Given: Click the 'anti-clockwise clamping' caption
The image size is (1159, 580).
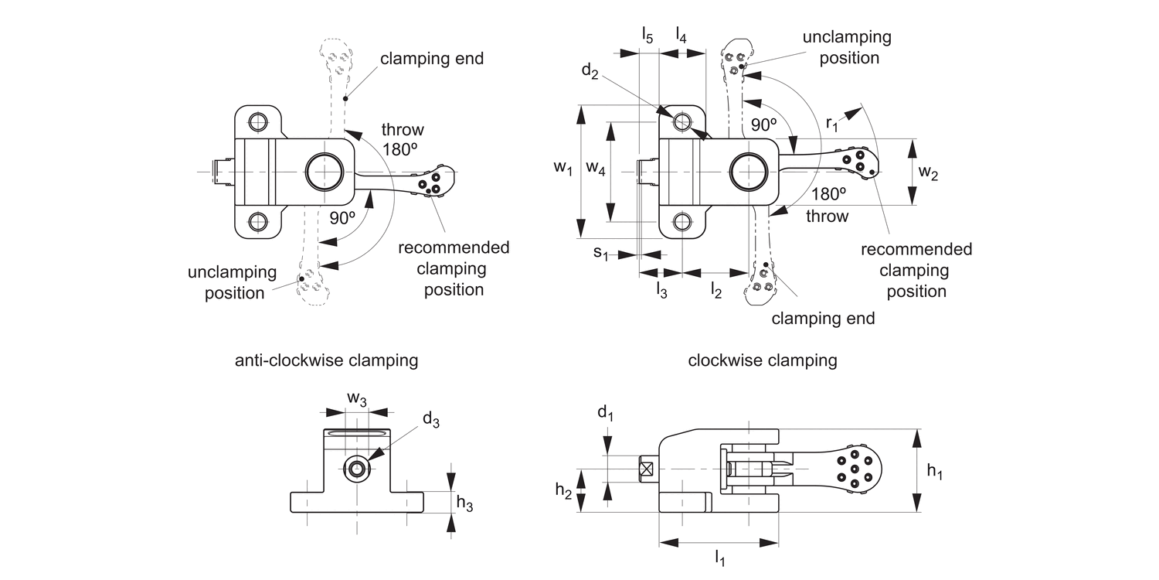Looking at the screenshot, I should (x=326, y=360).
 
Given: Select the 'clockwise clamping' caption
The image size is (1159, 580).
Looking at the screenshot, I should (x=762, y=360).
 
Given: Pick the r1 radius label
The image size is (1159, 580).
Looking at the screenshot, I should (x=832, y=122).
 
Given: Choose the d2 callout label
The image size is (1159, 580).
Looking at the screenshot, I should (x=590, y=72).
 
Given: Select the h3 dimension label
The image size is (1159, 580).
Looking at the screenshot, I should (x=464, y=503).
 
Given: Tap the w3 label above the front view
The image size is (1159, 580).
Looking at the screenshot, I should (x=356, y=398).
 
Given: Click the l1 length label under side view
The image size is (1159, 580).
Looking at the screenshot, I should (x=719, y=557).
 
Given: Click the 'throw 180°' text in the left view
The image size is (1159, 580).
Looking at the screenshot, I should (x=403, y=140).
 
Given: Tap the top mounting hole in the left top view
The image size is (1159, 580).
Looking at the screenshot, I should (x=258, y=122).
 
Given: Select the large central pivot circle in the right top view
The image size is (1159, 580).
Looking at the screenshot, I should (x=749, y=170).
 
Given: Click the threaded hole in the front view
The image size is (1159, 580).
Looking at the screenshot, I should (x=357, y=468).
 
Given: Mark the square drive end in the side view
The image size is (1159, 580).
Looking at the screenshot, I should (x=647, y=469).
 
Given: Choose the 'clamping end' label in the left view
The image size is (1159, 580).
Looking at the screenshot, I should (x=432, y=59).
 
